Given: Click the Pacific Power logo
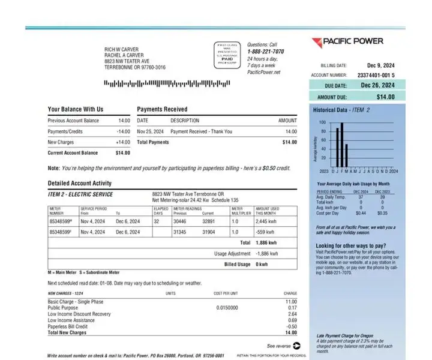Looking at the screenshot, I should pyautogui.click(x=347, y=42).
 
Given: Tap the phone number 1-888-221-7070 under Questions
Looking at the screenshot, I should pyautogui.click(x=265, y=52).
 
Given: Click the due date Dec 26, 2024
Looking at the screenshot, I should pyautogui.click(x=378, y=85).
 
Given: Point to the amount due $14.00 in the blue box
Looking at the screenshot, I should pyautogui.click(x=386, y=97).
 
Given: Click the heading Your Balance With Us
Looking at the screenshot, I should pyautogui.click(x=76, y=109).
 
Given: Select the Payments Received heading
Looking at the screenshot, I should pyautogui.click(x=162, y=109).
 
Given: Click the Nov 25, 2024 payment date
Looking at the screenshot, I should pyautogui.click(x=150, y=131).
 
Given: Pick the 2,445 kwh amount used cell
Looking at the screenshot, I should pyautogui.click(x=266, y=221).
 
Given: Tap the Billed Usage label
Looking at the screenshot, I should pyautogui.click(x=237, y=264).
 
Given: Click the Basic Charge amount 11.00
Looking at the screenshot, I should pyautogui.click(x=291, y=301).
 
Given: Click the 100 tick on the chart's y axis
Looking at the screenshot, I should pyautogui.click(x=323, y=123).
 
